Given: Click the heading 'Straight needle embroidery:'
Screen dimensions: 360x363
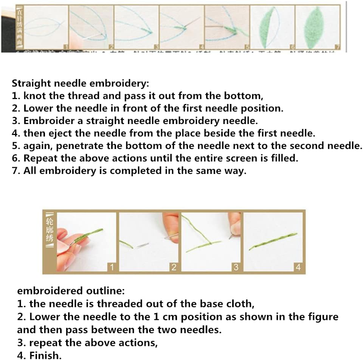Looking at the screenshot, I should (x=80, y=83).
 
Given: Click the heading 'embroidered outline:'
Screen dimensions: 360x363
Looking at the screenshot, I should (x=71, y=291).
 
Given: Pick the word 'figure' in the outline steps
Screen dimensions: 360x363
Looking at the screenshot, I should (x=321, y=317).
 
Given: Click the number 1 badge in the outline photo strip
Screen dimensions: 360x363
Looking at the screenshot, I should (x=111, y=268).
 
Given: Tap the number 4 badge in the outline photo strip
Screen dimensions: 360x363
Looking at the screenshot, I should (x=298, y=268).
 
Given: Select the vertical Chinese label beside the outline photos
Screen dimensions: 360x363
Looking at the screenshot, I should (x=50, y=231).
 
